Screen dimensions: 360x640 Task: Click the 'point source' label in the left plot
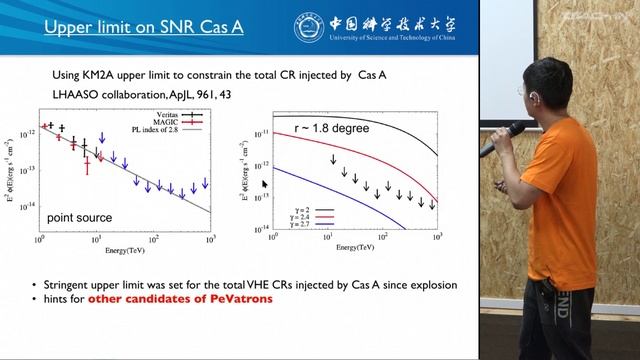(79, 217)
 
